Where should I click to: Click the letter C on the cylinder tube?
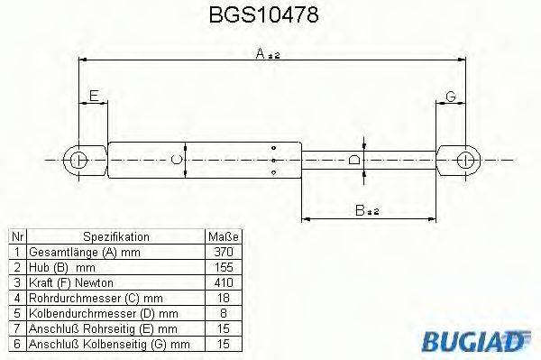(178, 160)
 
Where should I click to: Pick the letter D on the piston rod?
(354, 160)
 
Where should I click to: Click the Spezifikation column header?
(116, 236)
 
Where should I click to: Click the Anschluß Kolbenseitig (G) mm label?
(108, 345)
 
